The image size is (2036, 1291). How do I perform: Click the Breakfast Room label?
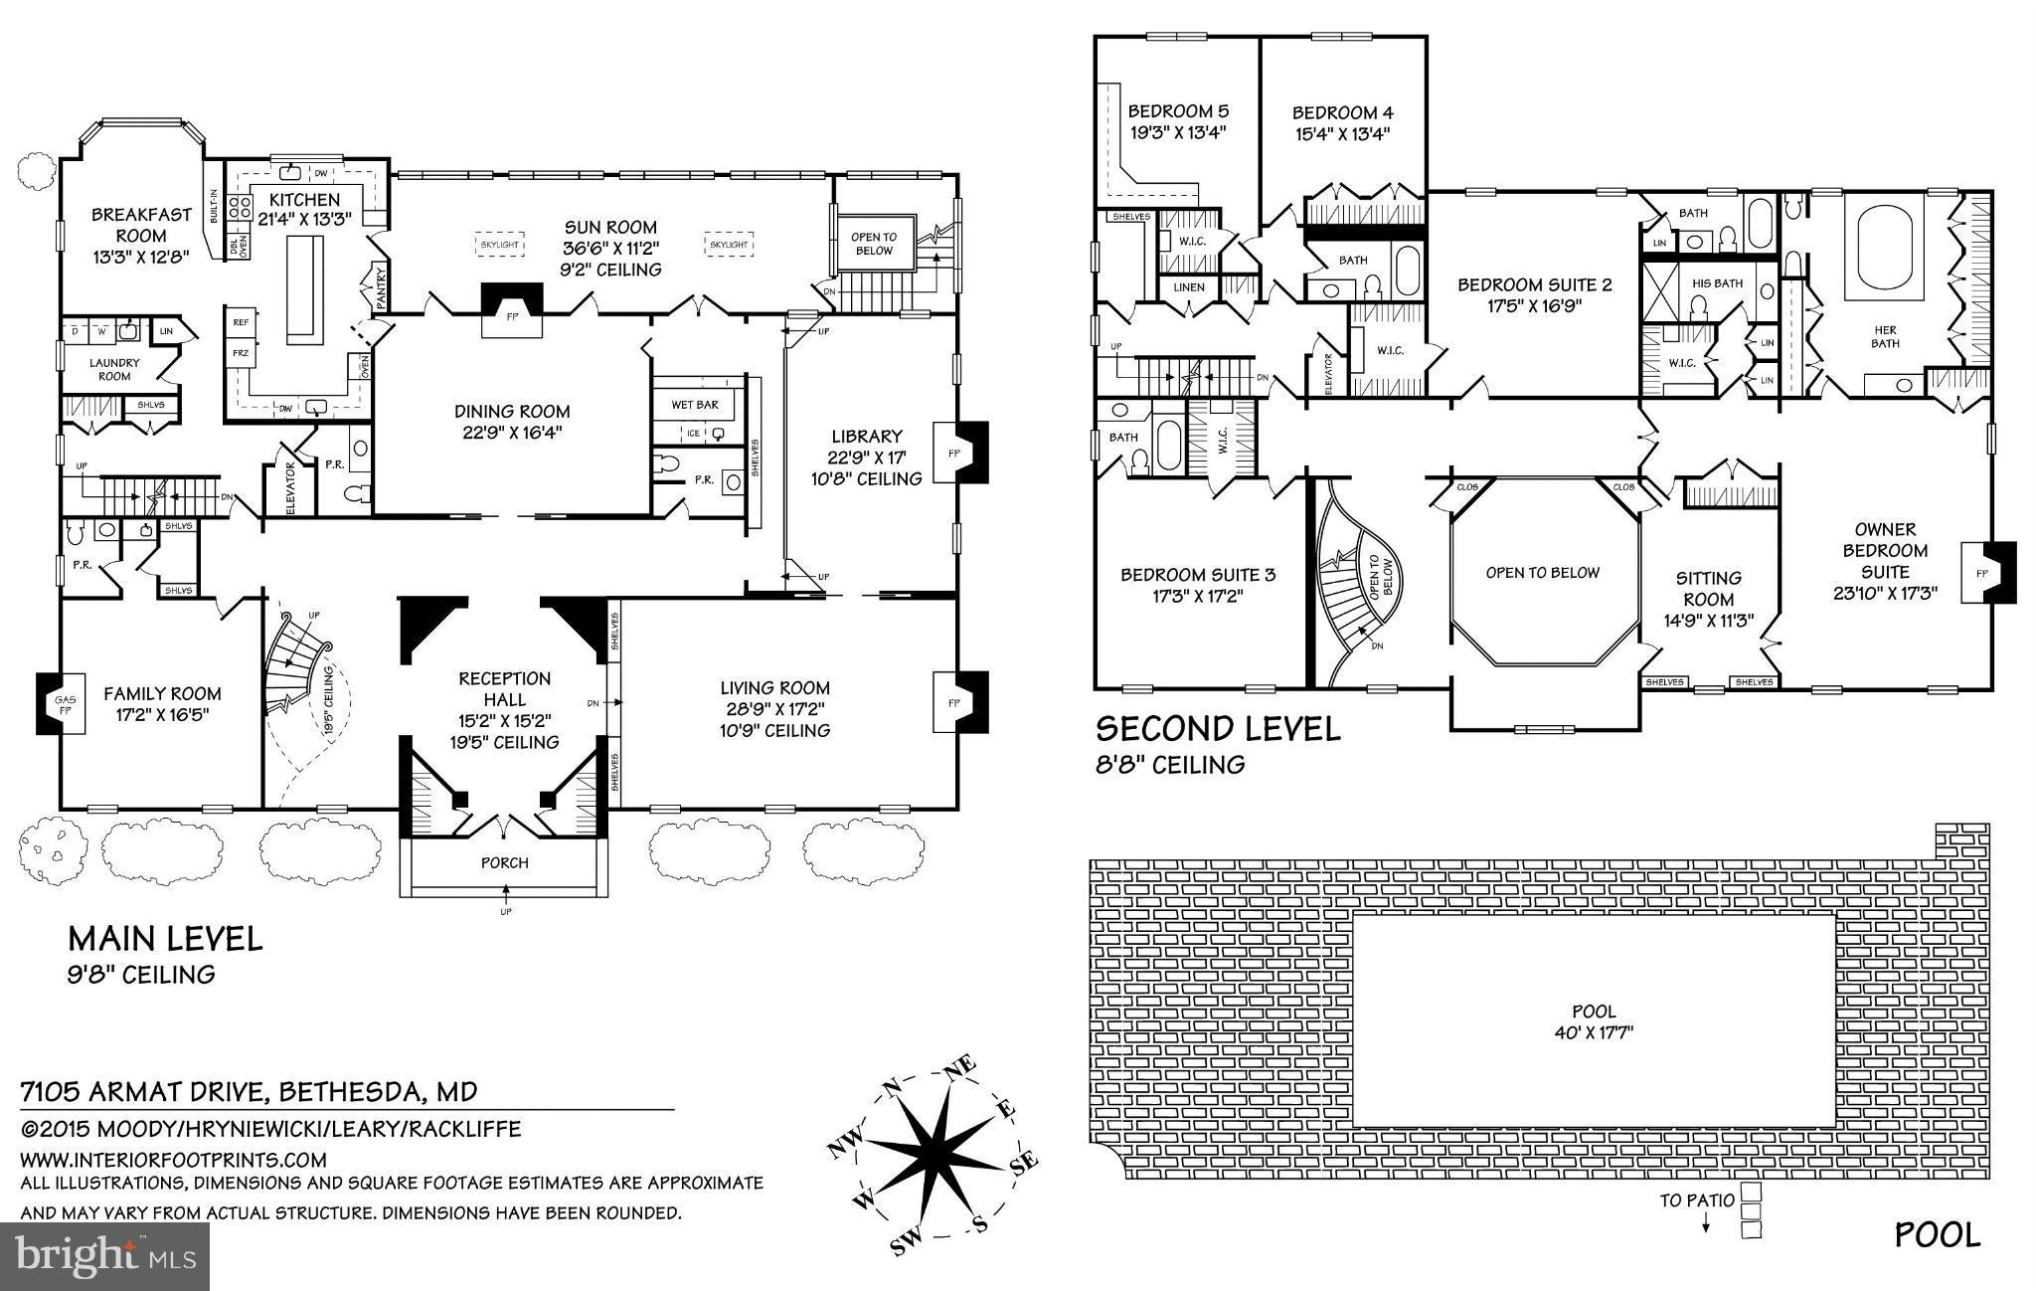tap(141, 225)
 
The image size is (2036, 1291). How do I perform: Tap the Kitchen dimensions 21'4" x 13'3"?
tap(304, 221)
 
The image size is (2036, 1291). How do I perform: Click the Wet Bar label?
tap(695, 405)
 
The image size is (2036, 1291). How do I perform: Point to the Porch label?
tap(505, 862)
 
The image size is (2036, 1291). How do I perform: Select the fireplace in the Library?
tap(963, 454)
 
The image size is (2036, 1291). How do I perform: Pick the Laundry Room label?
tap(114, 369)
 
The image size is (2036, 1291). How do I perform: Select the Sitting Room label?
tap(1709, 578)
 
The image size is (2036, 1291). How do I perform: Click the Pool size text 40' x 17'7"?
tap(1595, 1032)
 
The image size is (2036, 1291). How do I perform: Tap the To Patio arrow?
tap(1706, 1223)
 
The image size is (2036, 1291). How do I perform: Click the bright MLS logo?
tap(106, 1256)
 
